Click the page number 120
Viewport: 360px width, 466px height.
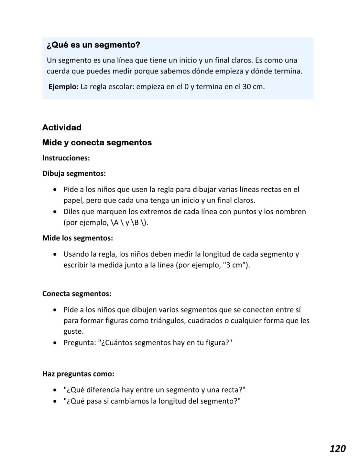(x=338, y=448)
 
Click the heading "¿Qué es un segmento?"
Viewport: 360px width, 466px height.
(x=93, y=45)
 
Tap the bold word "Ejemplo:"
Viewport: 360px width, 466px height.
(x=64, y=87)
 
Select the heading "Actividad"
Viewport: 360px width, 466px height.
(x=62, y=128)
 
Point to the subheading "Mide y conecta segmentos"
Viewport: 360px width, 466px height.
(x=97, y=143)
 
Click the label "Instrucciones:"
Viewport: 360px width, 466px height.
(x=66, y=158)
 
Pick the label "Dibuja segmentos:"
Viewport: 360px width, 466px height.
(x=74, y=173)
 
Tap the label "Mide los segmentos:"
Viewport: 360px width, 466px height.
(x=78, y=238)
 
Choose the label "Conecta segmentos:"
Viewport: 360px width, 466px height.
(x=77, y=294)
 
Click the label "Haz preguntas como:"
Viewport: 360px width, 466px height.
(x=78, y=374)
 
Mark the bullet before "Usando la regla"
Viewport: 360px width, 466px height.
(x=56, y=254)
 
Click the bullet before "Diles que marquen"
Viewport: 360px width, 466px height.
(x=56, y=212)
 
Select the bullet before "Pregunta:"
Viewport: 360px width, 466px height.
(x=56, y=343)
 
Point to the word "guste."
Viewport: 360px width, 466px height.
(x=74, y=332)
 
